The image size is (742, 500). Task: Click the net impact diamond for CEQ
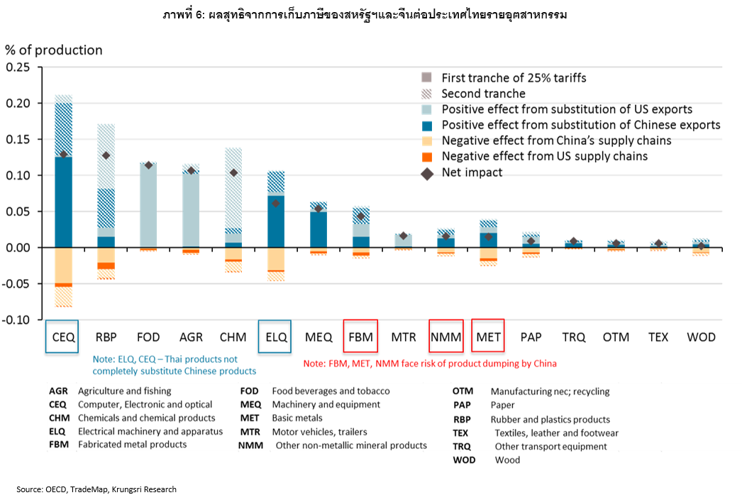(63, 154)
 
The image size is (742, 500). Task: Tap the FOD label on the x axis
(148, 337)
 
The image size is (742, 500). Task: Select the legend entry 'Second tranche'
(483, 94)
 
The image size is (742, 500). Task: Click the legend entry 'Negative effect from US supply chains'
(544, 156)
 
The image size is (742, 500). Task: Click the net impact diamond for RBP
(106, 156)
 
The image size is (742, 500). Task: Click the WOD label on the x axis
(702, 337)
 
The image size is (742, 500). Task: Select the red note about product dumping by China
(430, 364)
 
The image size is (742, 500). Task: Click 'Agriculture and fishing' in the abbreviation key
(125, 391)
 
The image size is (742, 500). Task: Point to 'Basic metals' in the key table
(297, 418)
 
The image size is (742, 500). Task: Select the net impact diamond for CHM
(233, 173)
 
